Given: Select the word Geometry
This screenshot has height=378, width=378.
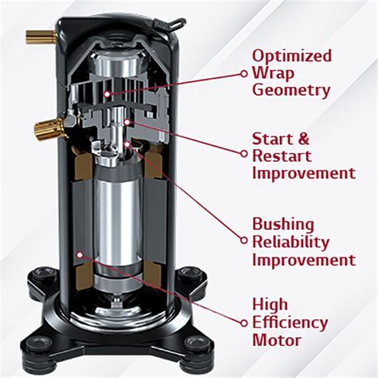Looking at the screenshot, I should [291, 90].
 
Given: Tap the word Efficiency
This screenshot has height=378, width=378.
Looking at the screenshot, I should [289, 322].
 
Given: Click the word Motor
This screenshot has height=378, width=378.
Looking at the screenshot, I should [277, 340].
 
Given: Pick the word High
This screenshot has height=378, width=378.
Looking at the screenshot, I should [271, 305].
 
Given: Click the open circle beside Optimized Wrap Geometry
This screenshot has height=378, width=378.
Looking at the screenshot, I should [242, 73].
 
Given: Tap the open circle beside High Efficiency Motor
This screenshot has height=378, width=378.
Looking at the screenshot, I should [242, 322].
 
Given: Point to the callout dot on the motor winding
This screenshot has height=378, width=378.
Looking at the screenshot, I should [79, 254].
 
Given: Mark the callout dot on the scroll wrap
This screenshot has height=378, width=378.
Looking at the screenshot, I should [107, 93].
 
